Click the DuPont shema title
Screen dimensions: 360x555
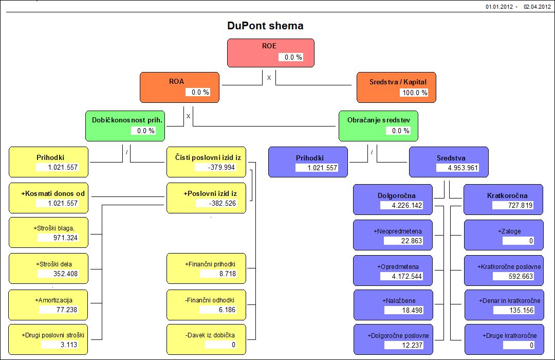click(265, 26)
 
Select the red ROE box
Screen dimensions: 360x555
click(270, 52)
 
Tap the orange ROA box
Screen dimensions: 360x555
click(179, 87)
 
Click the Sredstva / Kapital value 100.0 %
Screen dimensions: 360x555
click(414, 93)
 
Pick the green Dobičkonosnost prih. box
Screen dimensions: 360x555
click(125, 125)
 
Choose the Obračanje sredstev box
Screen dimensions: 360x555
click(378, 125)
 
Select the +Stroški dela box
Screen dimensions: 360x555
click(48, 268)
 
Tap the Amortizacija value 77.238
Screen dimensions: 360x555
click(59, 310)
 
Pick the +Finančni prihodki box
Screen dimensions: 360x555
click(206, 268)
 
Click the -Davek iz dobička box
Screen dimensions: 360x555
click(206, 339)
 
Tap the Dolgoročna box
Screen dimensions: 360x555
click(393, 200)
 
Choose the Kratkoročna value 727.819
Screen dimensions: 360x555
click(512, 205)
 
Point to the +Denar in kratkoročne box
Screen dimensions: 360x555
click(503, 304)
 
